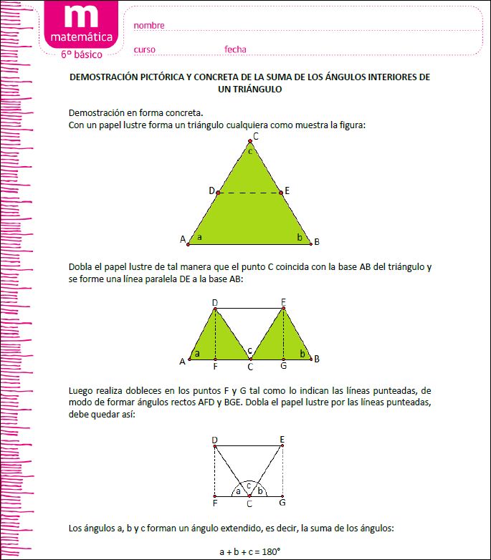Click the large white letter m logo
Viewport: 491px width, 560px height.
point(81,18)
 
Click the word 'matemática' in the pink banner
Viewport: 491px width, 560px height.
point(81,37)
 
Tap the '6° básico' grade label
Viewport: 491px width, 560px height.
point(81,54)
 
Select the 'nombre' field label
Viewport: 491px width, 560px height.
point(149,26)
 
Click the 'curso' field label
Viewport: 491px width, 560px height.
point(144,49)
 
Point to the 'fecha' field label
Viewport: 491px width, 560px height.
point(235,49)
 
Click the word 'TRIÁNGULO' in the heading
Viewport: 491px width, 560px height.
point(250,90)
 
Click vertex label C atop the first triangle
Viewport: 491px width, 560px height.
point(255,136)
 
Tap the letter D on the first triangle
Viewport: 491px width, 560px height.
point(211,190)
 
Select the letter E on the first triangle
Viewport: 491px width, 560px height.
point(287,190)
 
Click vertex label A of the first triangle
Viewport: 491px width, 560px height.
point(183,239)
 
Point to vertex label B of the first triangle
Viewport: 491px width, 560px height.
point(317,241)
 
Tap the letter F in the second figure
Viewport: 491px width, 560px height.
point(215,367)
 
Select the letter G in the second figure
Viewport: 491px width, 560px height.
point(284,367)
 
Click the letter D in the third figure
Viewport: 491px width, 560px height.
point(214,439)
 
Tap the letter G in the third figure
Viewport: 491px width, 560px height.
point(283,503)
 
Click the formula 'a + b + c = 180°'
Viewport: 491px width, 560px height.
point(249,552)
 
